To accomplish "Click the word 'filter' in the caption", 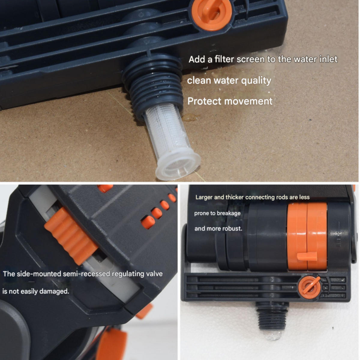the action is pyautogui.click(x=224, y=59).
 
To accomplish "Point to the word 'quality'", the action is pyautogui.click(x=256, y=81).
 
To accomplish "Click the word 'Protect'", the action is pyautogui.click(x=204, y=101).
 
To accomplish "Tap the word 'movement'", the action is pyautogui.click(x=248, y=101).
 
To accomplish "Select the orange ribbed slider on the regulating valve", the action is pyautogui.click(x=71, y=236).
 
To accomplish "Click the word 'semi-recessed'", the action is pyautogui.click(x=86, y=274).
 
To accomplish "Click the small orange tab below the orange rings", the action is pyautogui.click(x=307, y=256).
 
